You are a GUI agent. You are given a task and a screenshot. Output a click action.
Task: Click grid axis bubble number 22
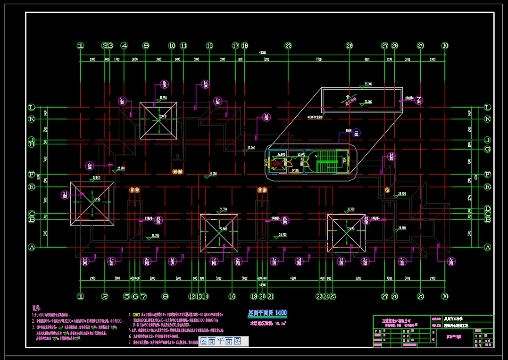point(288,46)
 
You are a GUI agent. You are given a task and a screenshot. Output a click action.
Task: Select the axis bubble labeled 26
point(349,46)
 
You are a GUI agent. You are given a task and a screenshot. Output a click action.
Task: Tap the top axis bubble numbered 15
point(209,46)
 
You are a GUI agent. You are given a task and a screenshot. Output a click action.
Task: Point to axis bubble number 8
point(146,46)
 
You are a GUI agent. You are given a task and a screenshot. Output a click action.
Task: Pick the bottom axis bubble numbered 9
point(165,296)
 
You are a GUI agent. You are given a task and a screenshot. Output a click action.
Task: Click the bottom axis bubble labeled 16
point(232,296)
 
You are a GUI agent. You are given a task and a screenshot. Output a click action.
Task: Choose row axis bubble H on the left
point(32,144)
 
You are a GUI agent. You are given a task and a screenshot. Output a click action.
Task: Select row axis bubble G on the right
point(488,149)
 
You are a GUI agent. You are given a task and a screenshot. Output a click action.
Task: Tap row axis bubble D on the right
point(488,209)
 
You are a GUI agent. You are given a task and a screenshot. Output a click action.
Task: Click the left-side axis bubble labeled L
point(32,108)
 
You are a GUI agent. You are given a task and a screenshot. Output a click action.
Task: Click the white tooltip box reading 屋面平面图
point(221,341)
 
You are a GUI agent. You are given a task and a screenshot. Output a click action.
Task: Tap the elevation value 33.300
point(368,84)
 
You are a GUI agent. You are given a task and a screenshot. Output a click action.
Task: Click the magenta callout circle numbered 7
point(418,100)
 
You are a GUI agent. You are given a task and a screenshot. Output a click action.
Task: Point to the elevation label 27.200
point(213,174)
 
